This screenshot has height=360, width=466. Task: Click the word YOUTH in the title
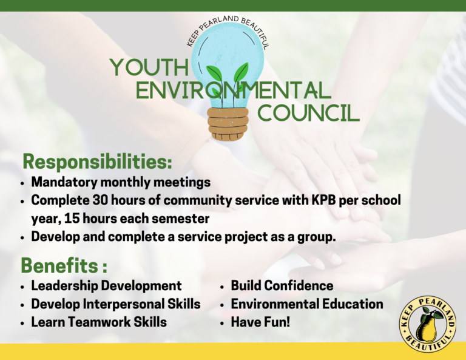(149, 67)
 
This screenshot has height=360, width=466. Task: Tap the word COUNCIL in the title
(308, 114)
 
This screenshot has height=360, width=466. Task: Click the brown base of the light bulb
(228, 124)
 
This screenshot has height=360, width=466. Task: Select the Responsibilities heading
(98, 162)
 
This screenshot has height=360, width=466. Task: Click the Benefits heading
(64, 265)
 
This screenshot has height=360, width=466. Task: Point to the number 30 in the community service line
(100, 200)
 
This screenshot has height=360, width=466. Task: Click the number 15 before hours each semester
(72, 219)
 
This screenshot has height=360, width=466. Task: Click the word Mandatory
(64, 182)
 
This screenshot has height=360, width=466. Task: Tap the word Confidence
(299, 286)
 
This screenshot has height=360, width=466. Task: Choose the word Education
(353, 304)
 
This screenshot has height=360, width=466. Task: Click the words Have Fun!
(260, 322)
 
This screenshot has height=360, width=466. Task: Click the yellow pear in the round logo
(426, 328)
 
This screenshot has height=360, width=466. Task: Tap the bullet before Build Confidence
(221, 287)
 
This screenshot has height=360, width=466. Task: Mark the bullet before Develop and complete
(22, 238)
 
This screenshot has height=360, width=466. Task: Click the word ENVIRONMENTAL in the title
(233, 90)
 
